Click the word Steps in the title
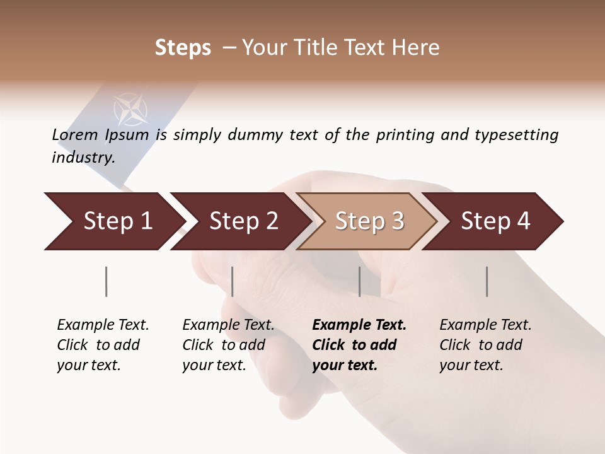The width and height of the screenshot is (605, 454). coord(183,48)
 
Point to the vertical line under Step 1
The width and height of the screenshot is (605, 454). coord(106,281)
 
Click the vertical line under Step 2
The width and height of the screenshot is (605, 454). coord(233,281)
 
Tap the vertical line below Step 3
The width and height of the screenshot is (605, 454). coord(359,281)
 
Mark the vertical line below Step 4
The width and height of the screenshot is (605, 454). coord(487,281)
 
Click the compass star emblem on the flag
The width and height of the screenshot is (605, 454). coord(130,109)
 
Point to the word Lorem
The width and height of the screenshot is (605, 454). coord(75,135)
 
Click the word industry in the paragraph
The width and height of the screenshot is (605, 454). coord(83,158)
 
